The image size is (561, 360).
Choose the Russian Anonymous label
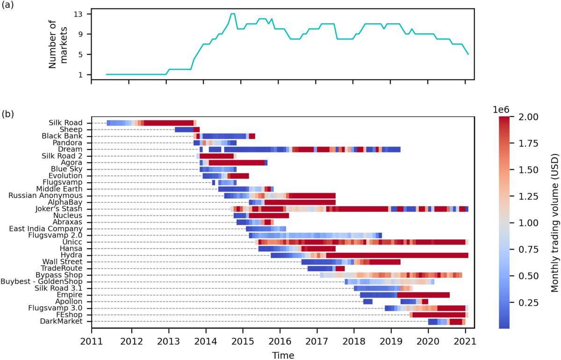tap(46, 195)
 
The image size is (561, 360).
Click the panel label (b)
tap(9, 114)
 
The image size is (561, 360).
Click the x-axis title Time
tap(283, 355)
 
